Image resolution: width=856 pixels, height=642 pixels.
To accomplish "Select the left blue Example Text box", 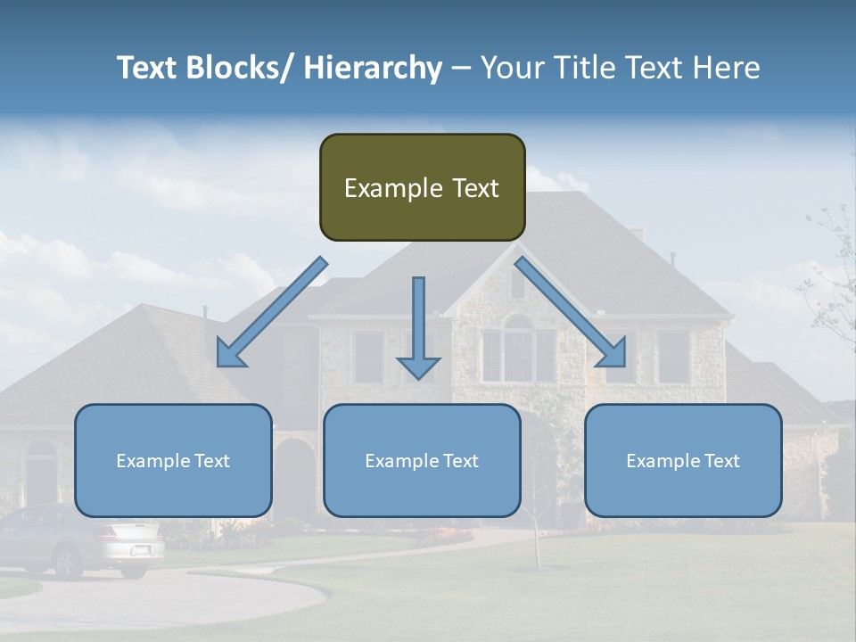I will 173,460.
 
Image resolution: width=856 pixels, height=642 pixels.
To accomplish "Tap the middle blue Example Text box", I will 422,460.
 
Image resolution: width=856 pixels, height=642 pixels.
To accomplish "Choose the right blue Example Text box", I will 683,460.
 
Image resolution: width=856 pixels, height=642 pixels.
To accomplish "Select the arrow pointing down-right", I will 572,313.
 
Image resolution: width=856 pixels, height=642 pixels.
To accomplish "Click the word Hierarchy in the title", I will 373,68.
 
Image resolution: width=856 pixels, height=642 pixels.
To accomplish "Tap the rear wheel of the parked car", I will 66,562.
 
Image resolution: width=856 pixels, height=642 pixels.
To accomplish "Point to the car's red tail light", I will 108,535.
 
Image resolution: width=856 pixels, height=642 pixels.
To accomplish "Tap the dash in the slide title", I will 461,68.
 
